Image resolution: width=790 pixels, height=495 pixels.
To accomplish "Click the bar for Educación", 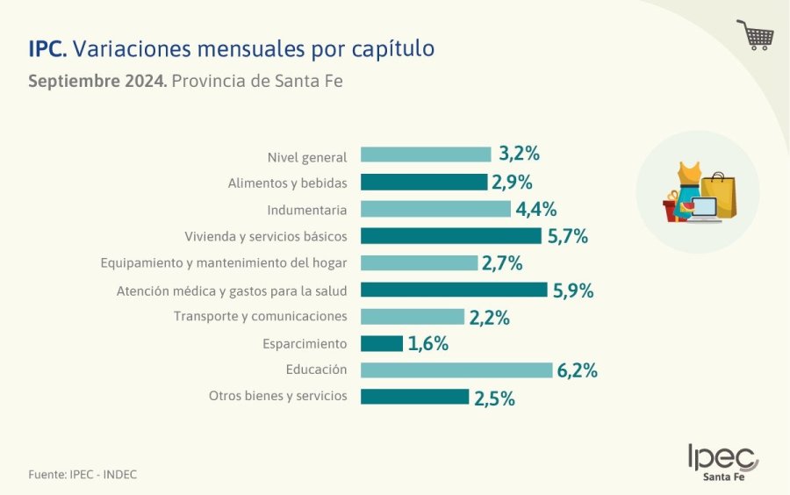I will [x=456, y=370].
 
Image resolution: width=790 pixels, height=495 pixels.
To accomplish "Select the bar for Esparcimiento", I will [x=382, y=343].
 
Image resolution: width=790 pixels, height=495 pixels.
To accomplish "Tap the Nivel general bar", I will [x=426, y=154].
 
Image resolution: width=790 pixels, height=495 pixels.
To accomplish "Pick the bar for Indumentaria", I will [x=435, y=209].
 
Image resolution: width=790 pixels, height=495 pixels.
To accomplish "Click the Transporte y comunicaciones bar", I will [x=413, y=317].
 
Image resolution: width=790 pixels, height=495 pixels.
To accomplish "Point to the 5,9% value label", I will [x=573, y=291].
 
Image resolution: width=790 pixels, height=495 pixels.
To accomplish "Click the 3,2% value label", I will [x=519, y=154].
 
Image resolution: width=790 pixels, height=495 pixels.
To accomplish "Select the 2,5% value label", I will [x=494, y=398].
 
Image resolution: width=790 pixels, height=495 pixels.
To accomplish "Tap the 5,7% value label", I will [x=567, y=236].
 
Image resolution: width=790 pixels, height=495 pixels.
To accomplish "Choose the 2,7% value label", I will [x=502, y=263].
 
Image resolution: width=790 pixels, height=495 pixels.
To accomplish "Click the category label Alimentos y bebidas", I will [x=287, y=183].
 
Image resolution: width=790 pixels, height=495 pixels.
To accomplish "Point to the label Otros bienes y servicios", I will [x=277, y=397].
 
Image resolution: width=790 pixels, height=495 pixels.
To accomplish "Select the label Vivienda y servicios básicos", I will [x=265, y=237].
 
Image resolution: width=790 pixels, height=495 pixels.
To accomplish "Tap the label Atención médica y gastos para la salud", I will [x=232, y=291].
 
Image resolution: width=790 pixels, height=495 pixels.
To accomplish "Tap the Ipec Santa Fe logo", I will [x=722, y=462].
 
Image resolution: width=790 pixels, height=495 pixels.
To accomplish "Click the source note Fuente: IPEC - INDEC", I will [x=83, y=475].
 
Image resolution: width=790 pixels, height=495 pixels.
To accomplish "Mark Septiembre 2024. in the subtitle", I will [x=97, y=82].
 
